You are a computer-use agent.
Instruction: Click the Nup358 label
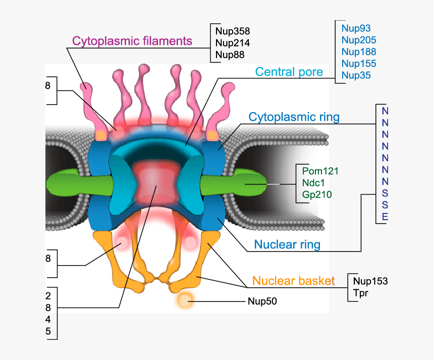[x=232, y=31]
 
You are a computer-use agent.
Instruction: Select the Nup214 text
[x=232, y=43]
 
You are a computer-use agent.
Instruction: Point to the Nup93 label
[x=356, y=28]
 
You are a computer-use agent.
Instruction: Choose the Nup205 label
[x=358, y=40]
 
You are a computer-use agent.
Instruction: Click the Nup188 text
[x=358, y=52]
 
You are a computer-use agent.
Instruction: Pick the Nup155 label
[x=358, y=64]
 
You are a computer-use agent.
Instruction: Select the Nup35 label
[x=356, y=75]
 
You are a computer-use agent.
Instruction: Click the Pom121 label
[x=320, y=171]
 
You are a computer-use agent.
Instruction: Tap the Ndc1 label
[x=316, y=183]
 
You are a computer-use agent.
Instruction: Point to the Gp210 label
[x=317, y=194]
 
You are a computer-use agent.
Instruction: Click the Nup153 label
[x=370, y=281]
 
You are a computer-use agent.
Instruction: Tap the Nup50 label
[x=262, y=302]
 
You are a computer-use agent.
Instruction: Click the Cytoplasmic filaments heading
[x=132, y=41]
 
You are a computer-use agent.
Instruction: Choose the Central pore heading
[x=289, y=72]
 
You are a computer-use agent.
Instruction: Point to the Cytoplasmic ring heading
[x=294, y=117]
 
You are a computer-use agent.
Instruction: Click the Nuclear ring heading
[x=287, y=245]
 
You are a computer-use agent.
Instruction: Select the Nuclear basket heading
[x=293, y=281]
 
